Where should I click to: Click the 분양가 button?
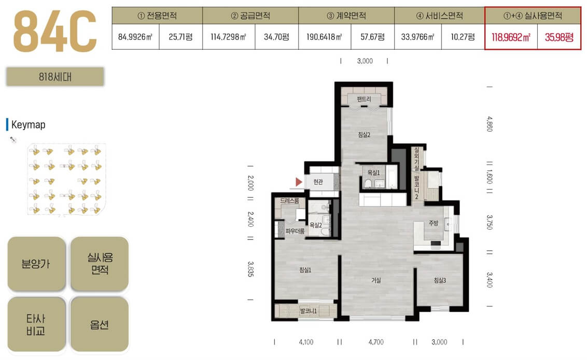pos(36,264)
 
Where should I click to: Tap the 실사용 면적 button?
pos(100,264)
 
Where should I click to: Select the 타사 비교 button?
pos(36,324)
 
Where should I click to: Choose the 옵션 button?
pos(100,324)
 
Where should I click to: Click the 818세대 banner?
pos(55,77)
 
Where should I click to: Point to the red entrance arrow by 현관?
pos(298,182)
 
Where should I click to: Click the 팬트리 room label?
pos(364,99)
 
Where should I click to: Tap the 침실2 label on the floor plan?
pos(364,134)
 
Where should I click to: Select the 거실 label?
pos(376,280)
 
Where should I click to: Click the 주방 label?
pos(433,223)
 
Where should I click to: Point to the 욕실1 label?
pos(373,172)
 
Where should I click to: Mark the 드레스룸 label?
pos(289,201)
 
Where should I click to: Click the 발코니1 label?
pos(308,311)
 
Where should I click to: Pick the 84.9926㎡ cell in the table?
pos(135,37)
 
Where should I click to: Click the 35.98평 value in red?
pos(559,37)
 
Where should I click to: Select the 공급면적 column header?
pos(250,16)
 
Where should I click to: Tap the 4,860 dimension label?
pos(490,124)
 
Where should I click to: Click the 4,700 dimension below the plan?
pos(376,342)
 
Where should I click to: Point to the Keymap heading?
pos(28,124)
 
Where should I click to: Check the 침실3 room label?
pos(440,280)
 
